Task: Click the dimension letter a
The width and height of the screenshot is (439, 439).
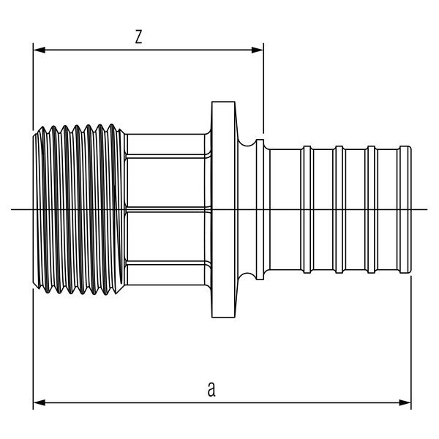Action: tap(211, 389)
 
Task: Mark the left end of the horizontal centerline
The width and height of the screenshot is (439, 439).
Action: tap(13, 210)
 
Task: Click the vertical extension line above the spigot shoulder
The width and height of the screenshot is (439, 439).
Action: tap(263, 88)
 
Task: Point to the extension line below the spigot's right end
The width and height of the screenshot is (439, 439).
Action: tap(410, 337)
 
